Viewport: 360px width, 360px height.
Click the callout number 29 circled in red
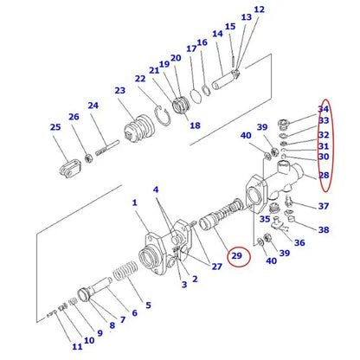(237, 257)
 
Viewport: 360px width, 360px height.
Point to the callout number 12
(259, 10)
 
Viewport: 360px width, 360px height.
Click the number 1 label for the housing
(134, 203)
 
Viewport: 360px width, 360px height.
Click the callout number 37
(323, 206)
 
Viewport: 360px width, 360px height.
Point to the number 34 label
(324, 108)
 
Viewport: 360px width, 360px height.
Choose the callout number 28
(324, 176)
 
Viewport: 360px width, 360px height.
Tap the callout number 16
(202, 42)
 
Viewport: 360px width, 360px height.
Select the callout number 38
(323, 231)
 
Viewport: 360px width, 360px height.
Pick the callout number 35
(264, 220)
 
